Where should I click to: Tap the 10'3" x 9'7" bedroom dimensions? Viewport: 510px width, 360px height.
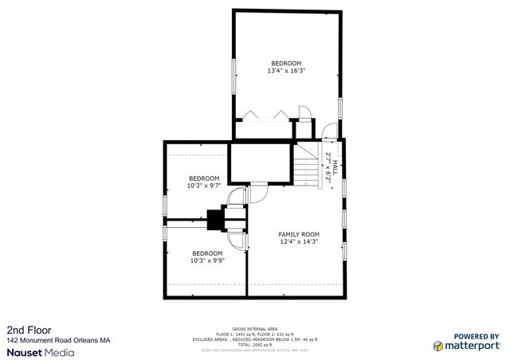(x=203, y=186)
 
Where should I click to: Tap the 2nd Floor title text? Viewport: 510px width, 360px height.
(x=26, y=329)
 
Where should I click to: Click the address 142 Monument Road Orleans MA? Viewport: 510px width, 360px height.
(x=58, y=340)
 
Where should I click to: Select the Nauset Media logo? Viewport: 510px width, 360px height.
(x=41, y=351)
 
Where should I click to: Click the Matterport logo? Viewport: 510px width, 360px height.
(x=466, y=346)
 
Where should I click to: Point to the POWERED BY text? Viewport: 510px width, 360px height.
(x=477, y=336)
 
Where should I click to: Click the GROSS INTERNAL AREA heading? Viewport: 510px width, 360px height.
(x=255, y=328)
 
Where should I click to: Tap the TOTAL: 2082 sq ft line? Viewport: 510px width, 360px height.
(x=255, y=344)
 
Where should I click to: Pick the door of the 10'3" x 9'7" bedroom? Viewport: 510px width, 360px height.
(x=235, y=196)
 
